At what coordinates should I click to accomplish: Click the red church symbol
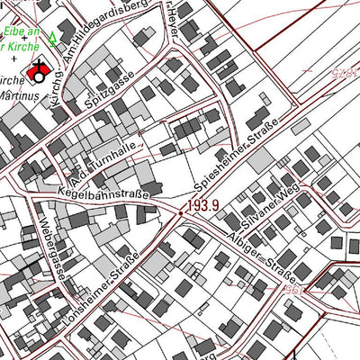click(x=40, y=70)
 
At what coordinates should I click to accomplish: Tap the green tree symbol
click(x=51, y=39)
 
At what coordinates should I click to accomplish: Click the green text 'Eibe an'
click(x=20, y=30)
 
